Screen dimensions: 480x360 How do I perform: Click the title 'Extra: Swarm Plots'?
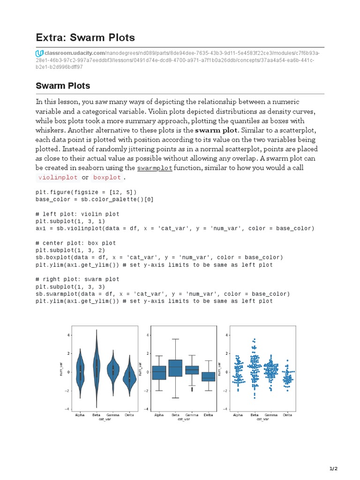pyautogui.click(x=85, y=37)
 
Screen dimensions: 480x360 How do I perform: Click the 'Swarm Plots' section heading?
pyautogui.click(x=63, y=86)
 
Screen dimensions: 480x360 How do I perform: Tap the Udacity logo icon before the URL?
pyautogui.click(x=40, y=53)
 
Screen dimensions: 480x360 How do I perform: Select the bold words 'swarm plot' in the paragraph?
pyautogui.click(x=217, y=130)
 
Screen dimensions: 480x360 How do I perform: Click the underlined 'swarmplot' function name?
pyautogui.click(x=155, y=168)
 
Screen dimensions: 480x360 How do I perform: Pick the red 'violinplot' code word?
pyautogui.click(x=58, y=178)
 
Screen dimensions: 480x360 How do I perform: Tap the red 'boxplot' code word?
pyautogui.click(x=107, y=178)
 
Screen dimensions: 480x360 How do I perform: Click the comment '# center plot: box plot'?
pyautogui.click(x=75, y=243)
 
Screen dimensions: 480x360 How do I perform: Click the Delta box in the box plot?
pyautogui.click(x=208, y=376)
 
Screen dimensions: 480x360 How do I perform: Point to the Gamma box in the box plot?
pyautogui.click(x=192, y=370)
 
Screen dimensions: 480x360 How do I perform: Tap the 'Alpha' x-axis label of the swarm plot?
pyautogui.click(x=238, y=415)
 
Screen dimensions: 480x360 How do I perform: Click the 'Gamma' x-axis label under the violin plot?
pyautogui.click(x=112, y=415)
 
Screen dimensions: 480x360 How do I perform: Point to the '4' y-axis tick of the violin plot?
pyautogui.click(x=68, y=335)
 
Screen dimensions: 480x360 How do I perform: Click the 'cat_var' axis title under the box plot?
pyautogui.click(x=184, y=420)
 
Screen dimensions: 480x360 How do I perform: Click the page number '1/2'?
pyautogui.click(x=333, y=468)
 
